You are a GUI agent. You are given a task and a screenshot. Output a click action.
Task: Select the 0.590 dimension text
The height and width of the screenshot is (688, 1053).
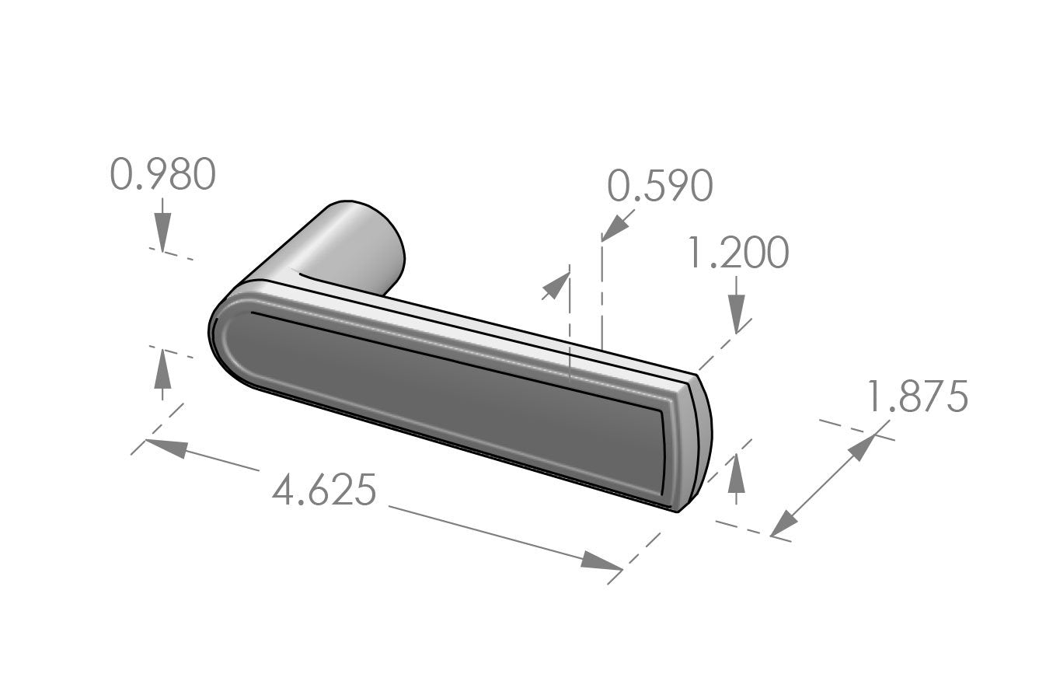tap(660, 187)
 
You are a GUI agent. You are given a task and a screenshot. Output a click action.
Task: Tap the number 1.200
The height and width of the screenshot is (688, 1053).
tap(738, 253)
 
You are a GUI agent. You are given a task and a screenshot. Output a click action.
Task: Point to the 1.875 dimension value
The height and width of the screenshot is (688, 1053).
tap(917, 397)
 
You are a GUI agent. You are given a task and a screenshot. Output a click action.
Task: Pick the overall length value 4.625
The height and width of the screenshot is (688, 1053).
tap(325, 491)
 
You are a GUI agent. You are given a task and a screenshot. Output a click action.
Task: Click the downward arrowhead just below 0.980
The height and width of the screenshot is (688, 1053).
tap(162, 233)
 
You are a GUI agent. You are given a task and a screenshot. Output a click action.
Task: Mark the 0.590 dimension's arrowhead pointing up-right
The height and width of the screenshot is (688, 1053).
tap(556, 287)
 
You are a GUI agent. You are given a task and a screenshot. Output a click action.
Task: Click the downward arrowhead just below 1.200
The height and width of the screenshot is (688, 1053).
tap(737, 315)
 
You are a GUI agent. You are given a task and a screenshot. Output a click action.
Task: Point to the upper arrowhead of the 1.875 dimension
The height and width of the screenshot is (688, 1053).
tap(860, 449)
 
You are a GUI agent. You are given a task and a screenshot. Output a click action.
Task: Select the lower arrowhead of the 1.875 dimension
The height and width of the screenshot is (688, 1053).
tap(786, 522)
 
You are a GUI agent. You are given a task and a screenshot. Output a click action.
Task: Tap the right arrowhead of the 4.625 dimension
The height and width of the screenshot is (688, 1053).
tap(601, 561)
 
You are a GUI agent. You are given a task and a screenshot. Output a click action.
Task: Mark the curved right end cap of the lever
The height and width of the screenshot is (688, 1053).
tap(696, 443)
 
